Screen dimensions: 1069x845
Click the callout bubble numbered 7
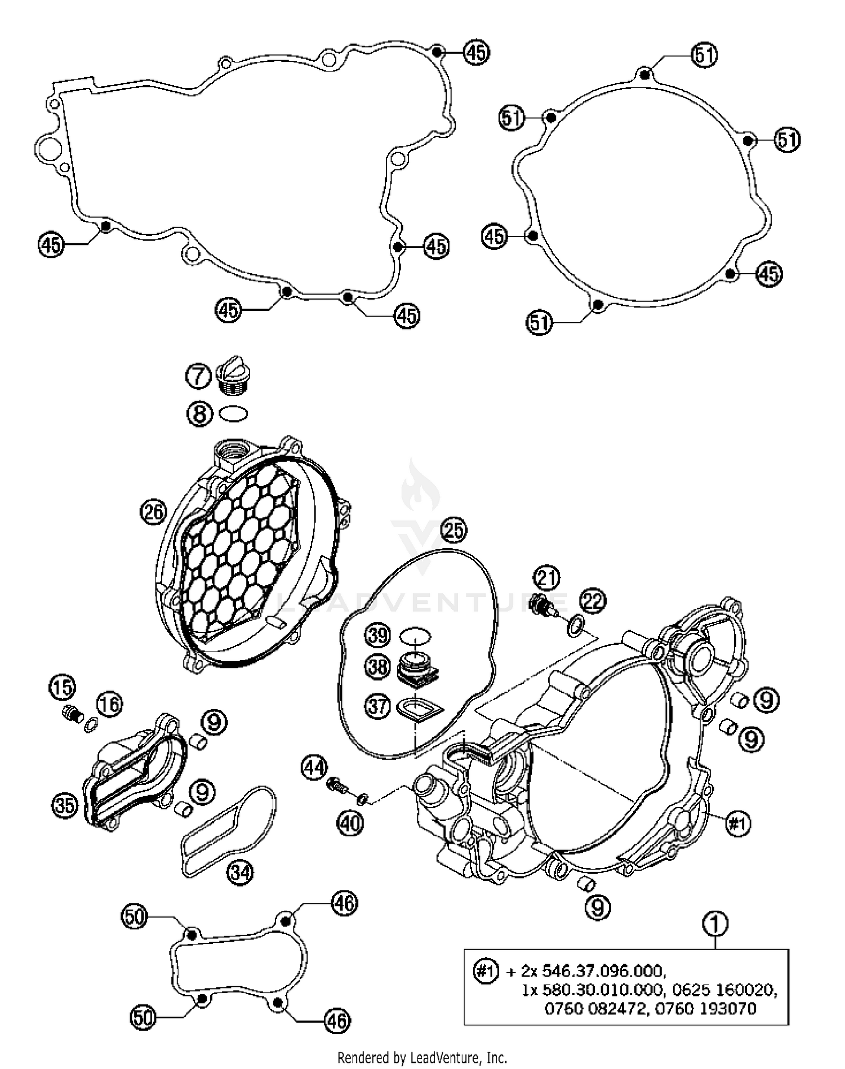point(198,375)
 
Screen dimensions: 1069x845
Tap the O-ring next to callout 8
point(233,414)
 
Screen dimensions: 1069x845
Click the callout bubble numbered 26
point(153,511)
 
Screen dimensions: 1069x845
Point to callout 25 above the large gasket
point(453,531)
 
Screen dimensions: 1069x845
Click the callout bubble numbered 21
point(546,578)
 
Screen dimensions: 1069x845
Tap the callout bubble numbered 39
point(377,635)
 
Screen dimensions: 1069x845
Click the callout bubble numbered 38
point(377,667)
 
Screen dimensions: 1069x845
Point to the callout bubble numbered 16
point(110,703)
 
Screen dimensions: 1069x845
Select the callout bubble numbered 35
point(64,805)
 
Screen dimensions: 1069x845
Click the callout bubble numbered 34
point(240,872)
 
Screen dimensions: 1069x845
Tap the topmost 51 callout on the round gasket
point(705,55)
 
